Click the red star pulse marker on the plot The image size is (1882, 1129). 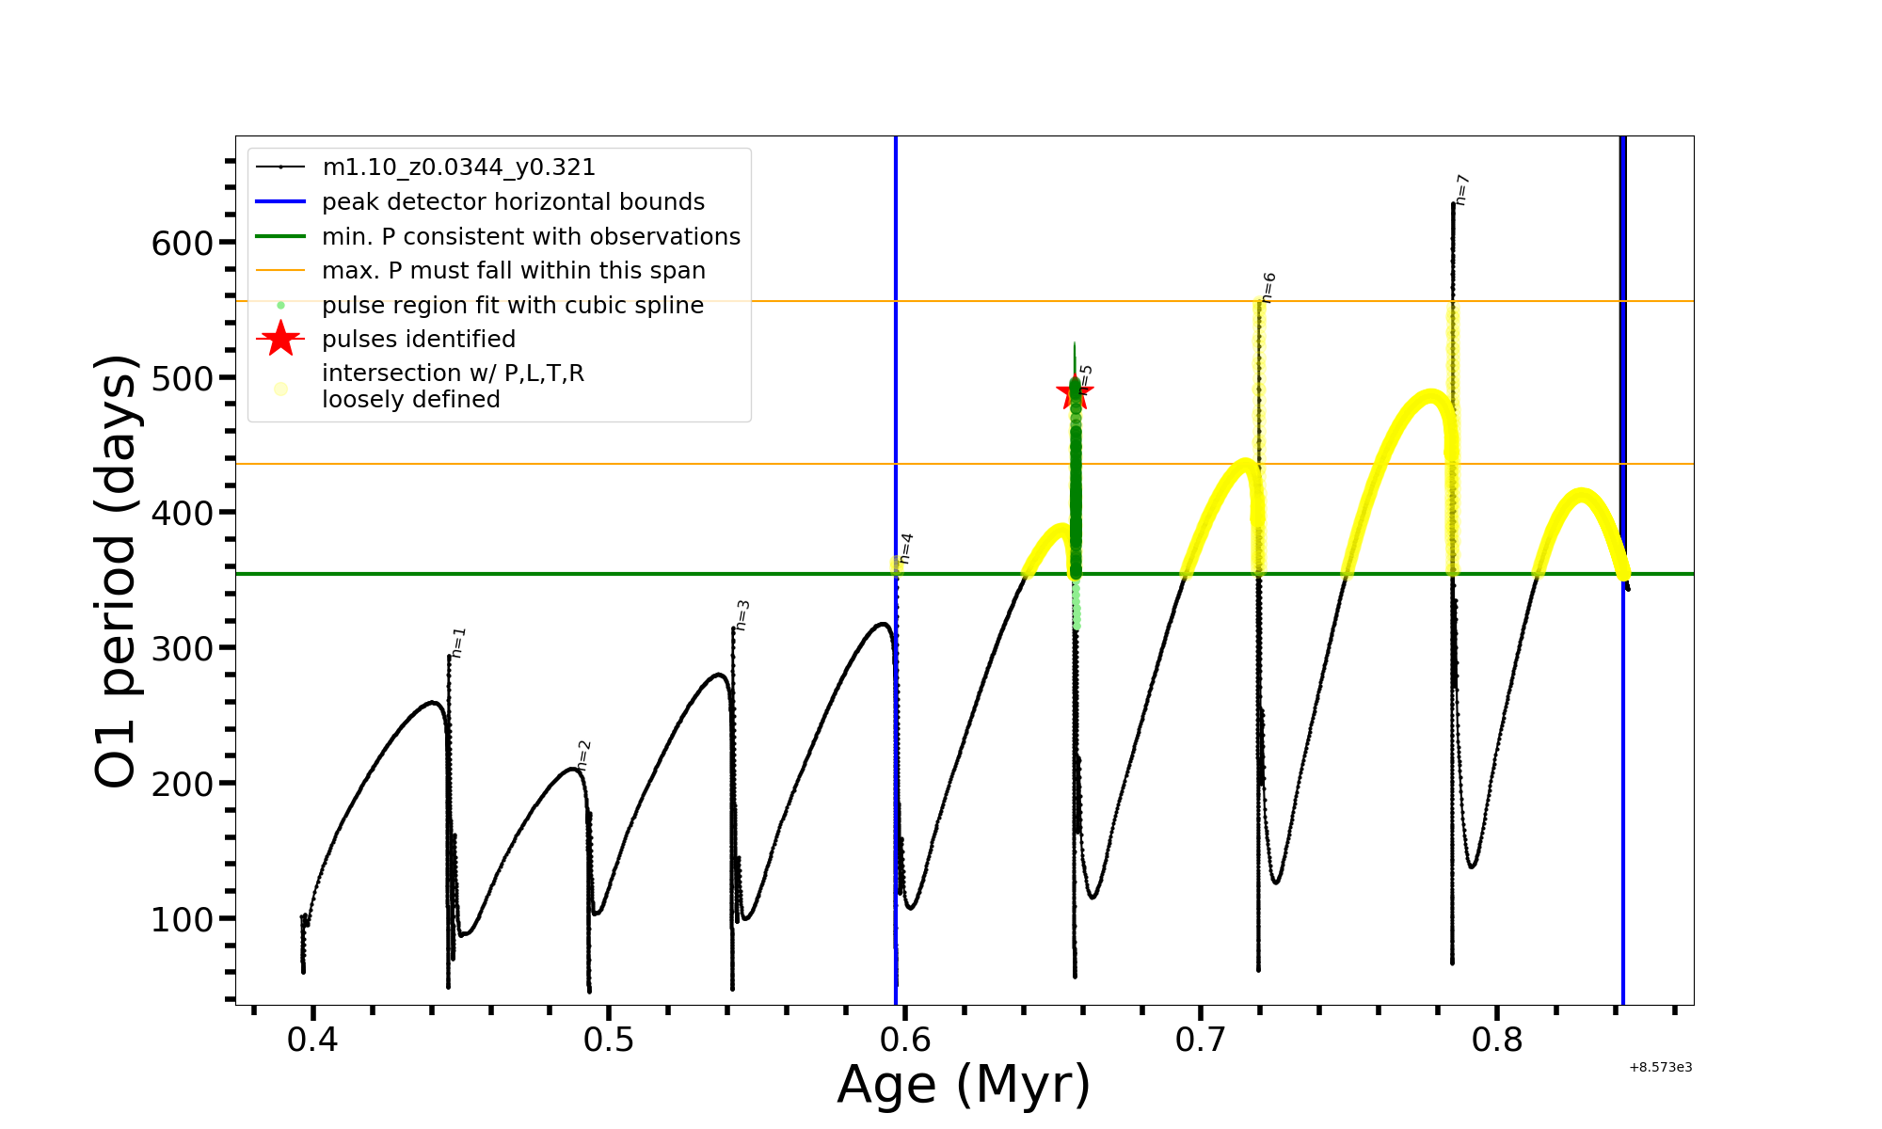1075,393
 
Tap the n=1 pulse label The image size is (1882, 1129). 458,642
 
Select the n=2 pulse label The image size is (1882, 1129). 584,755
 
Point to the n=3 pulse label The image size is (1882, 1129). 742,615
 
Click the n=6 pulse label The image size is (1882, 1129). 1268,288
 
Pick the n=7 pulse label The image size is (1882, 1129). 1462,189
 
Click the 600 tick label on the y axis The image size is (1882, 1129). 183,244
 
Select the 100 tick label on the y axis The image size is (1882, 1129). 183,919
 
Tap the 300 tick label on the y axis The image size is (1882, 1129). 183,648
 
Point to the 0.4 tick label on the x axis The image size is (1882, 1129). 312,1040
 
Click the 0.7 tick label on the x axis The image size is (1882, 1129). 1201,1040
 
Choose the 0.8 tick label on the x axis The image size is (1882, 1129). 1496,1040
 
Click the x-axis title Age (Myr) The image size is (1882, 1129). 964,1085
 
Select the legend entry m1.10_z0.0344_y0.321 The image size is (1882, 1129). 458,167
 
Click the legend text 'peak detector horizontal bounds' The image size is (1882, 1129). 513,202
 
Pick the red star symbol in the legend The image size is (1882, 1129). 280,339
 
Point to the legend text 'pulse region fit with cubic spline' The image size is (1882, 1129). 513,306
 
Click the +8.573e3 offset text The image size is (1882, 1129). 1660,1068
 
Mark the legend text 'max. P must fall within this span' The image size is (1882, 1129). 513,271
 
